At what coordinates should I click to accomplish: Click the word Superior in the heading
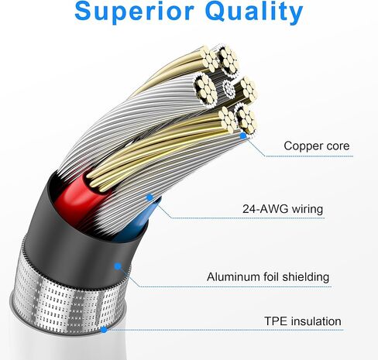[134, 12]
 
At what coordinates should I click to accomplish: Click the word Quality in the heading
[254, 12]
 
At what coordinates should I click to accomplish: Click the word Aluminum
[233, 277]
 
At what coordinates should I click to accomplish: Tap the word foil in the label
[271, 277]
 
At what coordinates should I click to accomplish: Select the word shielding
[306, 277]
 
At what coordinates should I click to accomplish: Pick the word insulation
[315, 321]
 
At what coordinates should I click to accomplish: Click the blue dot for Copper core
[243, 135]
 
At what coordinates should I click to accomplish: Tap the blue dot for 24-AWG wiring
[149, 197]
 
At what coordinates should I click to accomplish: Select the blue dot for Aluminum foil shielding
[118, 266]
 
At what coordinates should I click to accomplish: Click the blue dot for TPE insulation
[104, 330]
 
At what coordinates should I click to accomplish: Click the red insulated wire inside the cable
[76, 195]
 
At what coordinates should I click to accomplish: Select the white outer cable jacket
[64, 346]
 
